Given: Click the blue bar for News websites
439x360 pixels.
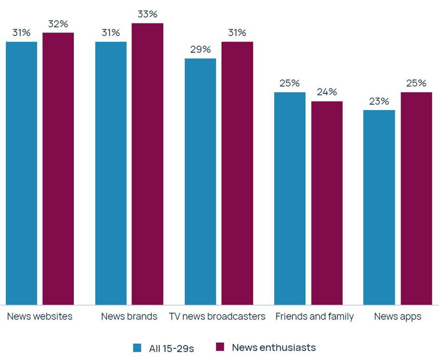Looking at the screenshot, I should [x=22, y=173].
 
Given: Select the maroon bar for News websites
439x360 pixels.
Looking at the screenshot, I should [x=58, y=169].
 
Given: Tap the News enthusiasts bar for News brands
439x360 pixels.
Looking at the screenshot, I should [x=147, y=164].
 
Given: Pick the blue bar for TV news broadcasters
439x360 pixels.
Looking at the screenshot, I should [x=200, y=181].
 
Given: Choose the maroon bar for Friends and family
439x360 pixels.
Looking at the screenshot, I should [x=327, y=203].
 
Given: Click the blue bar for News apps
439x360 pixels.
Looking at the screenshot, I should [x=379, y=207].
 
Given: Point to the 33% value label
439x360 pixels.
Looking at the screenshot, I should [x=147, y=15].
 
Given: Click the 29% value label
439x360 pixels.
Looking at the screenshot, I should [x=200, y=50].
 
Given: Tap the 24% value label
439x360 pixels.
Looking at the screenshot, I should [x=327, y=92].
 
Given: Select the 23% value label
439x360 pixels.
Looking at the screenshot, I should [x=379, y=101].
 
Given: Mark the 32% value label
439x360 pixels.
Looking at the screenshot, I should [x=58, y=24].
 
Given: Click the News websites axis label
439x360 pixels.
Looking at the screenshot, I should [x=40, y=317].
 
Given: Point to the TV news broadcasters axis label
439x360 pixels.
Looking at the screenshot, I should [x=217, y=317].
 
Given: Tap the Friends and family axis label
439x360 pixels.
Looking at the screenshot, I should [x=314, y=317].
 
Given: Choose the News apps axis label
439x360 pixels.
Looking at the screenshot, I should [x=398, y=317].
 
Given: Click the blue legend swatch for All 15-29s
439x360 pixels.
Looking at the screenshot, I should [x=137, y=348].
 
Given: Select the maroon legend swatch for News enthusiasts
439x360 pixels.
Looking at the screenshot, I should [x=220, y=347].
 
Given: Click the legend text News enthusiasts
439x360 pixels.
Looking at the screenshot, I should [x=274, y=348].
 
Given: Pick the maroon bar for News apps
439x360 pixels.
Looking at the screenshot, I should [x=416, y=198].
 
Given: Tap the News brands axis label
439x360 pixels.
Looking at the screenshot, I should [x=129, y=317].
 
